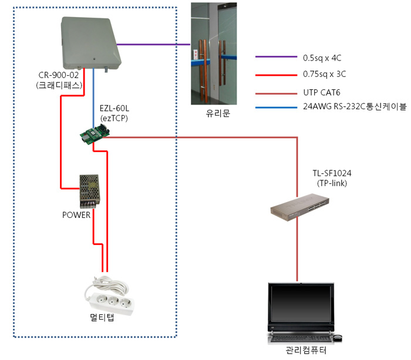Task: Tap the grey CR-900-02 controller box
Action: tap(91, 43)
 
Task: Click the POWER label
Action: tap(76, 215)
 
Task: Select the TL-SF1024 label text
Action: tap(334, 174)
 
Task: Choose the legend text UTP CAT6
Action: tap(321, 93)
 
